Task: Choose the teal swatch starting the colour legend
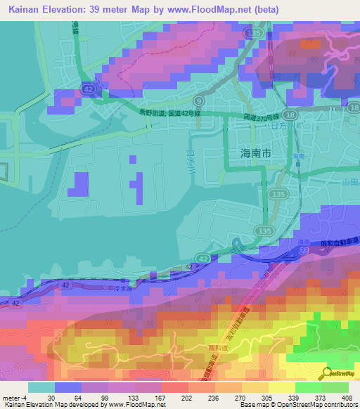(40, 387)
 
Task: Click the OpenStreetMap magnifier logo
(326, 375)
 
